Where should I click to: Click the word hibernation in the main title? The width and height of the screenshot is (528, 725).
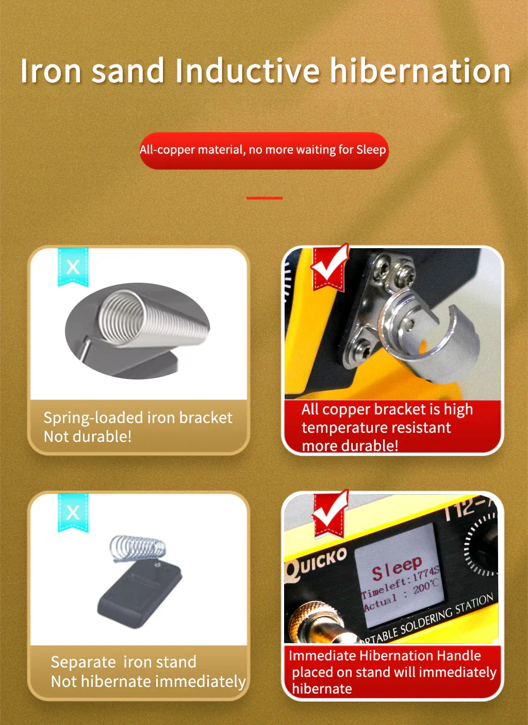420,71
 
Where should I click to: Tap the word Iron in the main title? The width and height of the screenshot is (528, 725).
51,71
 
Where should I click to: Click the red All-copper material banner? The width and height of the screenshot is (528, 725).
264,150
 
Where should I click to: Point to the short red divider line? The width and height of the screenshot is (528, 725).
265,198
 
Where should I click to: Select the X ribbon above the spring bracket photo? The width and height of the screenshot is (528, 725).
73,267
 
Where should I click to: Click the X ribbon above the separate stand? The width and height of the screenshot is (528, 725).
73,513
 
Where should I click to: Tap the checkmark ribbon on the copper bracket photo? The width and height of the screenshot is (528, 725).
329,267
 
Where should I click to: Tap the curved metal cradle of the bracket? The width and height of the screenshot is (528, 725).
428,337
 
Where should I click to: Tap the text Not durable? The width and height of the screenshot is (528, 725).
88,437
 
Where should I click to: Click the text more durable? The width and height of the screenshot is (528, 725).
350,446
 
